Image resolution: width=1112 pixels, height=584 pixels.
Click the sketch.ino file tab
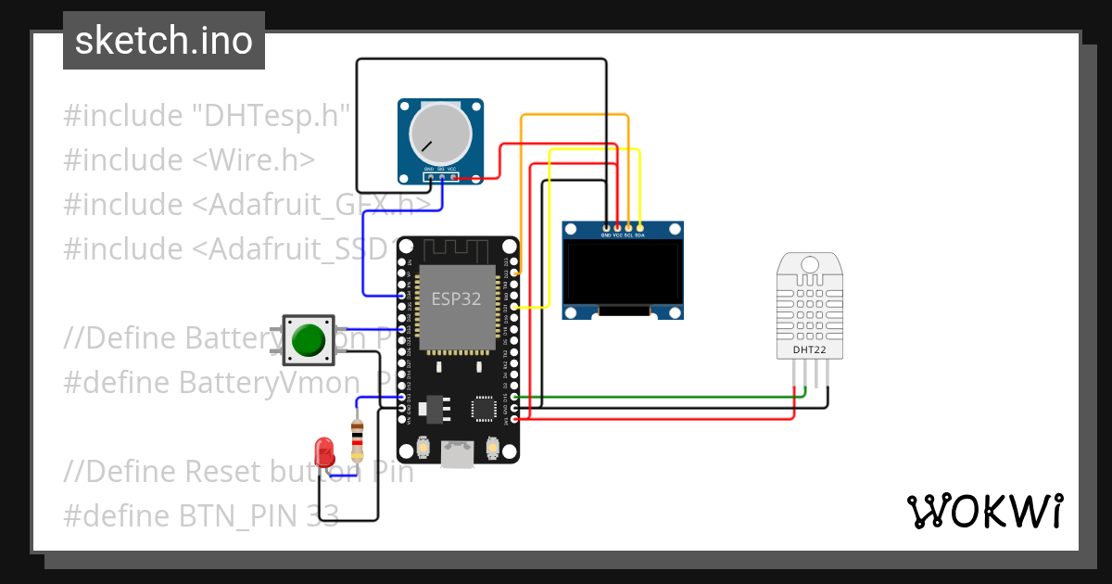point(164,41)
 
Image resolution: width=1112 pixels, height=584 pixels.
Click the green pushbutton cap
point(309,340)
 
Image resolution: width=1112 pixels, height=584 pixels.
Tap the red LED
point(324,453)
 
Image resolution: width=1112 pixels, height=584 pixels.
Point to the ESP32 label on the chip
point(457,299)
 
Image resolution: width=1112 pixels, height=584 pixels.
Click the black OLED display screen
point(623,273)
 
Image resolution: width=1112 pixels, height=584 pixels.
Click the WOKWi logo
point(984,511)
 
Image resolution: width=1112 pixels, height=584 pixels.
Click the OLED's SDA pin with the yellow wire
point(639,227)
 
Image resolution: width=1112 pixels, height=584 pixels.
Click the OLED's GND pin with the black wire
point(606,227)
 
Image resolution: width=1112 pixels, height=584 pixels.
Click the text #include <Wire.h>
point(189,160)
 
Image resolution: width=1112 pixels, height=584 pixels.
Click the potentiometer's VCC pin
point(452,175)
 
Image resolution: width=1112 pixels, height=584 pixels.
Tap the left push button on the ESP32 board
point(423,448)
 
